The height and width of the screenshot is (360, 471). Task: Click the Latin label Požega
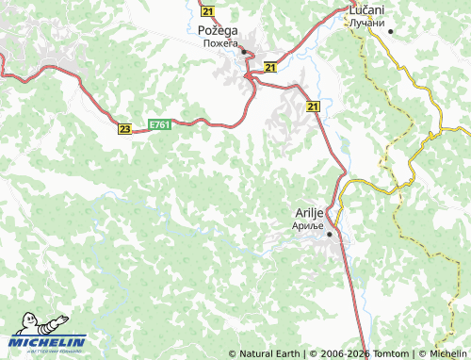click(218, 30)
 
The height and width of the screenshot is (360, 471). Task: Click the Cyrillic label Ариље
click(307, 225)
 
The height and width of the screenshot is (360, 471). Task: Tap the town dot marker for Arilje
click(329, 235)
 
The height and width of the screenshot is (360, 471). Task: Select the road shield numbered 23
click(124, 129)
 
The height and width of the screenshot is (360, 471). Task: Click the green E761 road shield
click(159, 123)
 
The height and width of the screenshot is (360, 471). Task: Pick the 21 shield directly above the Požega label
click(208, 11)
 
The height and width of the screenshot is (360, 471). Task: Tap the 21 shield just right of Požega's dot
click(270, 68)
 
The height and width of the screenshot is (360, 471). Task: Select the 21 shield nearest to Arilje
click(312, 107)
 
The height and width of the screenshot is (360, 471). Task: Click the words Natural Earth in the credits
click(268, 353)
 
